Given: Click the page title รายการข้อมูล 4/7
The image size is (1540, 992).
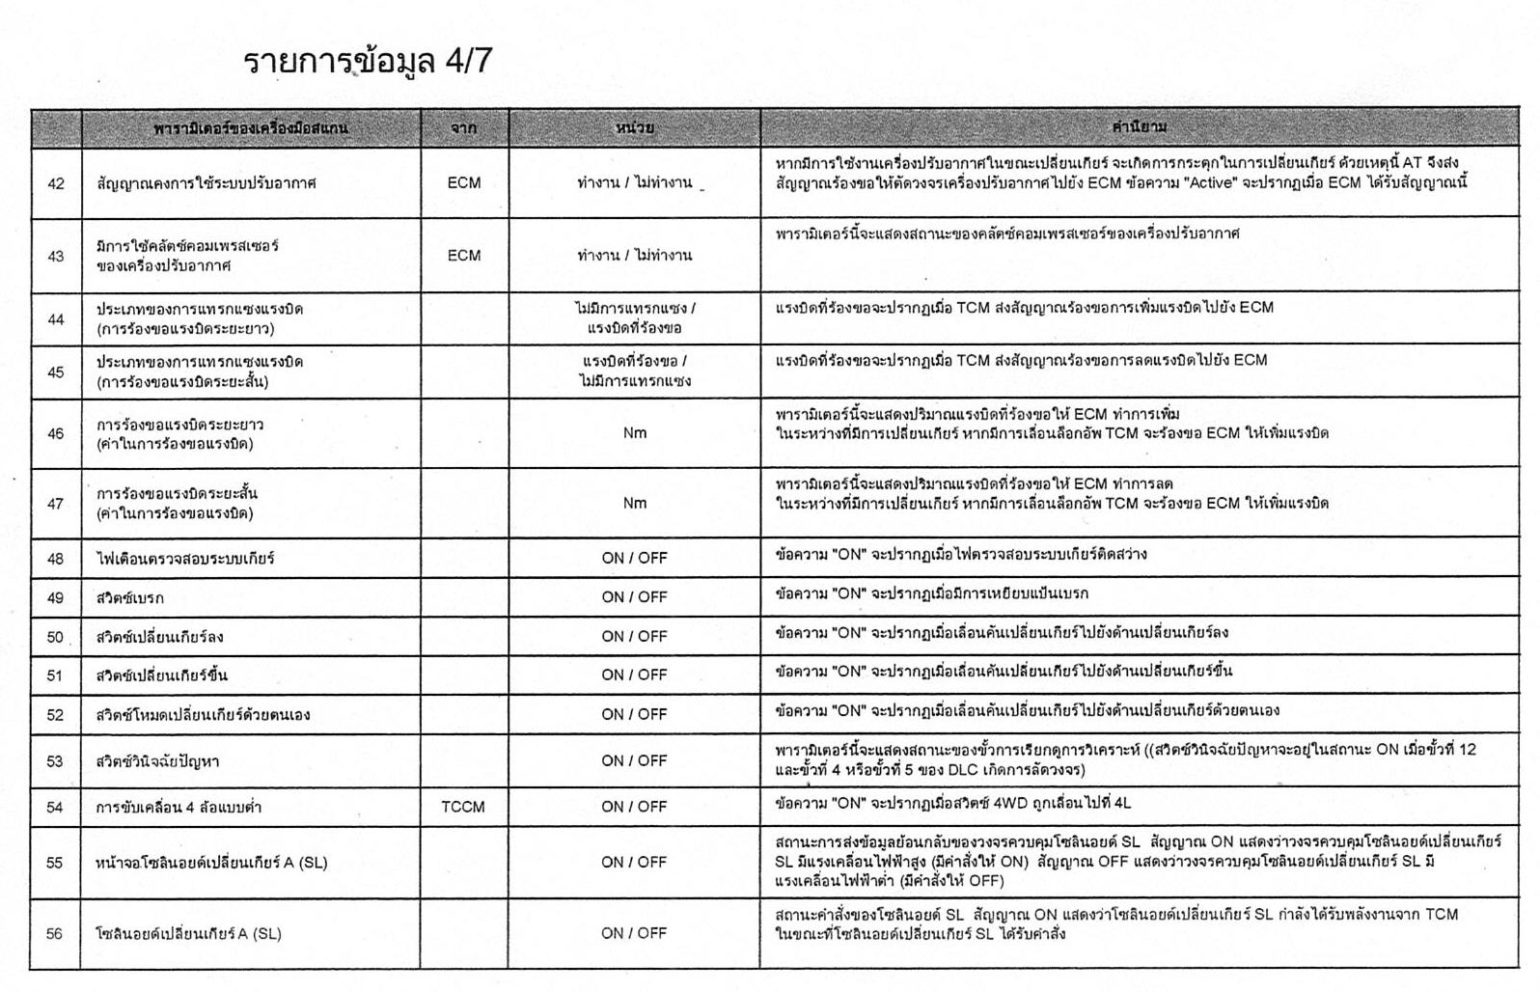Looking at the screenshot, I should (x=368, y=61).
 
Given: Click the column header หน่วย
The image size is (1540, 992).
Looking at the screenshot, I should (x=634, y=127).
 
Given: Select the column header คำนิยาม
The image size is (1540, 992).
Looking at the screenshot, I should (x=1139, y=127).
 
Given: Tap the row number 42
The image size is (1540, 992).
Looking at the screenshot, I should (x=56, y=183).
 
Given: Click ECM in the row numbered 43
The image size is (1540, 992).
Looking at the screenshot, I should (x=464, y=256).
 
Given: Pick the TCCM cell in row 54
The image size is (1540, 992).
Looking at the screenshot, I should (x=463, y=807).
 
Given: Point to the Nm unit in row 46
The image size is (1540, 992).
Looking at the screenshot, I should (x=634, y=433).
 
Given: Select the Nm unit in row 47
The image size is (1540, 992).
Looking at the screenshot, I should (x=634, y=504).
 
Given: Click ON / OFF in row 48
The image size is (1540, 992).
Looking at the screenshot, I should (x=634, y=558).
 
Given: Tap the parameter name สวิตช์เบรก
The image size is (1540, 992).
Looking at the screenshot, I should (x=130, y=598).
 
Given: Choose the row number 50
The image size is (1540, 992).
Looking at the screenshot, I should (x=56, y=637).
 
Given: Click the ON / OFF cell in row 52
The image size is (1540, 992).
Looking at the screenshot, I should (x=634, y=714).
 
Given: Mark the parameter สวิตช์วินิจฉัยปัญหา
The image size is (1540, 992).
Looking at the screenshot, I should (x=157, y=761).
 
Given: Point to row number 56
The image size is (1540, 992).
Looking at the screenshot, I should (x=55, y=934).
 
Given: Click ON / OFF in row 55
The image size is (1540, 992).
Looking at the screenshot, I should (x=634, y=862).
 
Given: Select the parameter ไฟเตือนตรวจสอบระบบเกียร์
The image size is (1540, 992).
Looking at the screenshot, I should (x=185, y=559).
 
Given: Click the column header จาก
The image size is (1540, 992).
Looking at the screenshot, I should (x=464, y=127).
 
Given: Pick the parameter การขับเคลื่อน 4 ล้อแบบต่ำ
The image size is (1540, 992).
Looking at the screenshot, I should (x=179, y=808).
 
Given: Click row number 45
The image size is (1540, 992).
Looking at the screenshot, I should (x=56, y=372).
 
